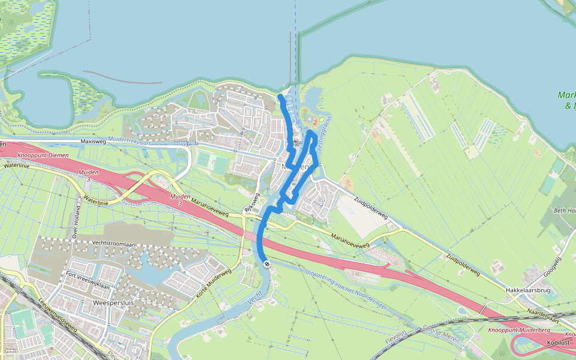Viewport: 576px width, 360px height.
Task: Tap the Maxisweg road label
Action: [92, 142]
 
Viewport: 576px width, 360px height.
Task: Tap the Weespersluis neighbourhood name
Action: [113, 303]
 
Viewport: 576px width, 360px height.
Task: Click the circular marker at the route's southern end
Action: [266, 264]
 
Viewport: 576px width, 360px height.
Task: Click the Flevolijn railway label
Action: [397, 334]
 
